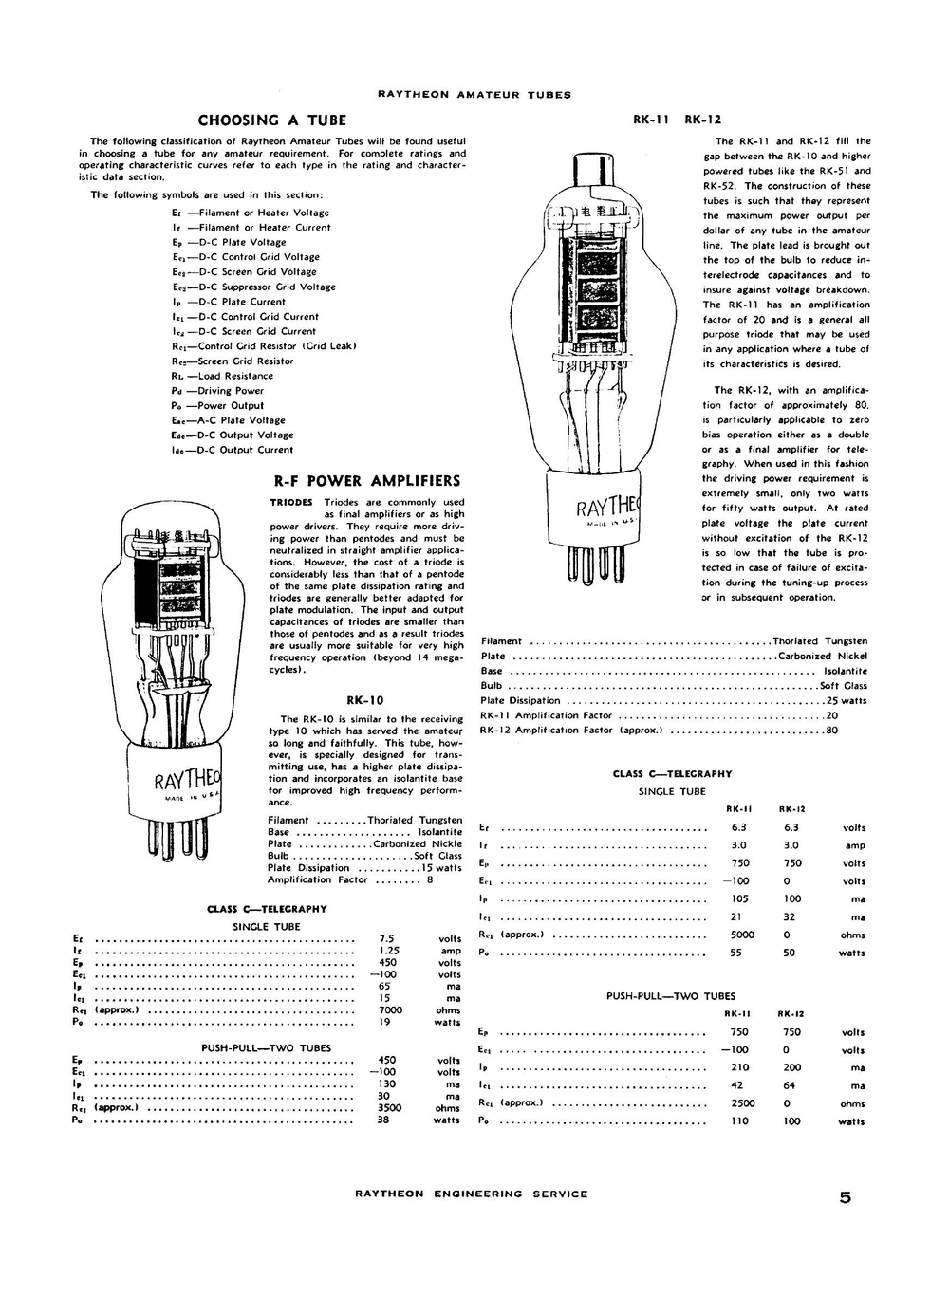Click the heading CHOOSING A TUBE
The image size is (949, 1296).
coord(272,120)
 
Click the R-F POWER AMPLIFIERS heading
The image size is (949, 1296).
coord(366,481)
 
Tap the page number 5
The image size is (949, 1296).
coord(845,1196)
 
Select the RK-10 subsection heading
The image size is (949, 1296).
coord(365,700)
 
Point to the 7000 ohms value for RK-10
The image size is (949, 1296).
coord(390,1010)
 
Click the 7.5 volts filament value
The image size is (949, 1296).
coord(387,939)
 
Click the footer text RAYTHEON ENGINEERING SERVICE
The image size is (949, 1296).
coord(471,1194)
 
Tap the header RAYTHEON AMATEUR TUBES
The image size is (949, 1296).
coord(474,95)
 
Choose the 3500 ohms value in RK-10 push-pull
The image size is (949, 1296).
coord(389,1107)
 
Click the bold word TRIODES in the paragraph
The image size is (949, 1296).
coord(291,502)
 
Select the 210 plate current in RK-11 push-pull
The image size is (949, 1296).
coord(740,1067)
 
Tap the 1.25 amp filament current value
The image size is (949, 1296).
coord(388,951)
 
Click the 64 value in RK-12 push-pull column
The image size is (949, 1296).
coord(791,1085)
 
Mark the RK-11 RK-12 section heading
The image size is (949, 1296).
coord(677,120)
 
